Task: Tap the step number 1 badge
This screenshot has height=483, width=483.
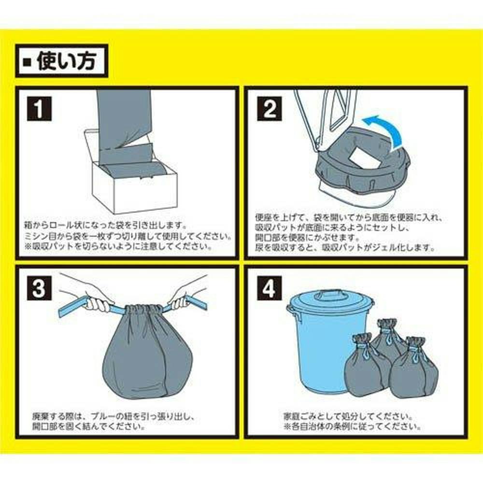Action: (x=40, y=109)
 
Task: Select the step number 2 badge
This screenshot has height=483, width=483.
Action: (x=270, y=109)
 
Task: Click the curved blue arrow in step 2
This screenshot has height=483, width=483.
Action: (x=389, y=126)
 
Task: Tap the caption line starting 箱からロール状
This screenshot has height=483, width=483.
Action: (x=106, y=226)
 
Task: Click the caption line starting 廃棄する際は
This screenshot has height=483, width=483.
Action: (x=113, y=416)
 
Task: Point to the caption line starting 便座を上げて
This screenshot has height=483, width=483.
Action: (x=349, y=218)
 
